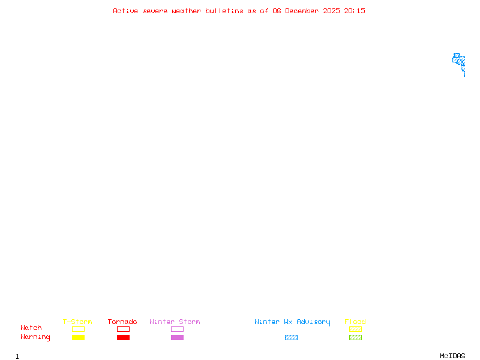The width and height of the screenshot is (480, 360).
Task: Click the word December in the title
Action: tap(302, 11)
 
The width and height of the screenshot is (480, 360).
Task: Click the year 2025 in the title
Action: tap(331, 11)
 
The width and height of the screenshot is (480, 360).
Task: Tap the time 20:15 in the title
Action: tap(354, 11)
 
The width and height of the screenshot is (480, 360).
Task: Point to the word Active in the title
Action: tap(125, 11)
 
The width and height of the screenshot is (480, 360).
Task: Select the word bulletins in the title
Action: tap(224, 11)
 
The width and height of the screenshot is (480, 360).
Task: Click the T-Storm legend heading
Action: tap(77, 322)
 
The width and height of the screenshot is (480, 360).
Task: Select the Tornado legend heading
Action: tap(122, 322)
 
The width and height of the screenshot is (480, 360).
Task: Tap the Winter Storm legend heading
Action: tap(175, 322)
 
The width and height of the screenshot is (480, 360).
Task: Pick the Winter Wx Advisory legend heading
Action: tap(292, 322)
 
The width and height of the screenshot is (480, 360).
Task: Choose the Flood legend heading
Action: tap(355, 322)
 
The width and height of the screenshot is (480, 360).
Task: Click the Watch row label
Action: tap(31, 328)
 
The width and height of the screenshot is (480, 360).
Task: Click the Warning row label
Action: tap(35, 337)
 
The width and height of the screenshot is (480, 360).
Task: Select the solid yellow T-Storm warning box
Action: tap(79, 337)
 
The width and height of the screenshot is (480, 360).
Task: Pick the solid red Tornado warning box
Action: tap(124, 337)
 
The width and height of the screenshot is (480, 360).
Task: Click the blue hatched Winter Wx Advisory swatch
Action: tap(291, 337)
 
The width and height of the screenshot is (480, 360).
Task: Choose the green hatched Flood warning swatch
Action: tap(355, 337)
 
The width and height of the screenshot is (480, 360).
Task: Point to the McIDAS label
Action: tap(452, 356)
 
